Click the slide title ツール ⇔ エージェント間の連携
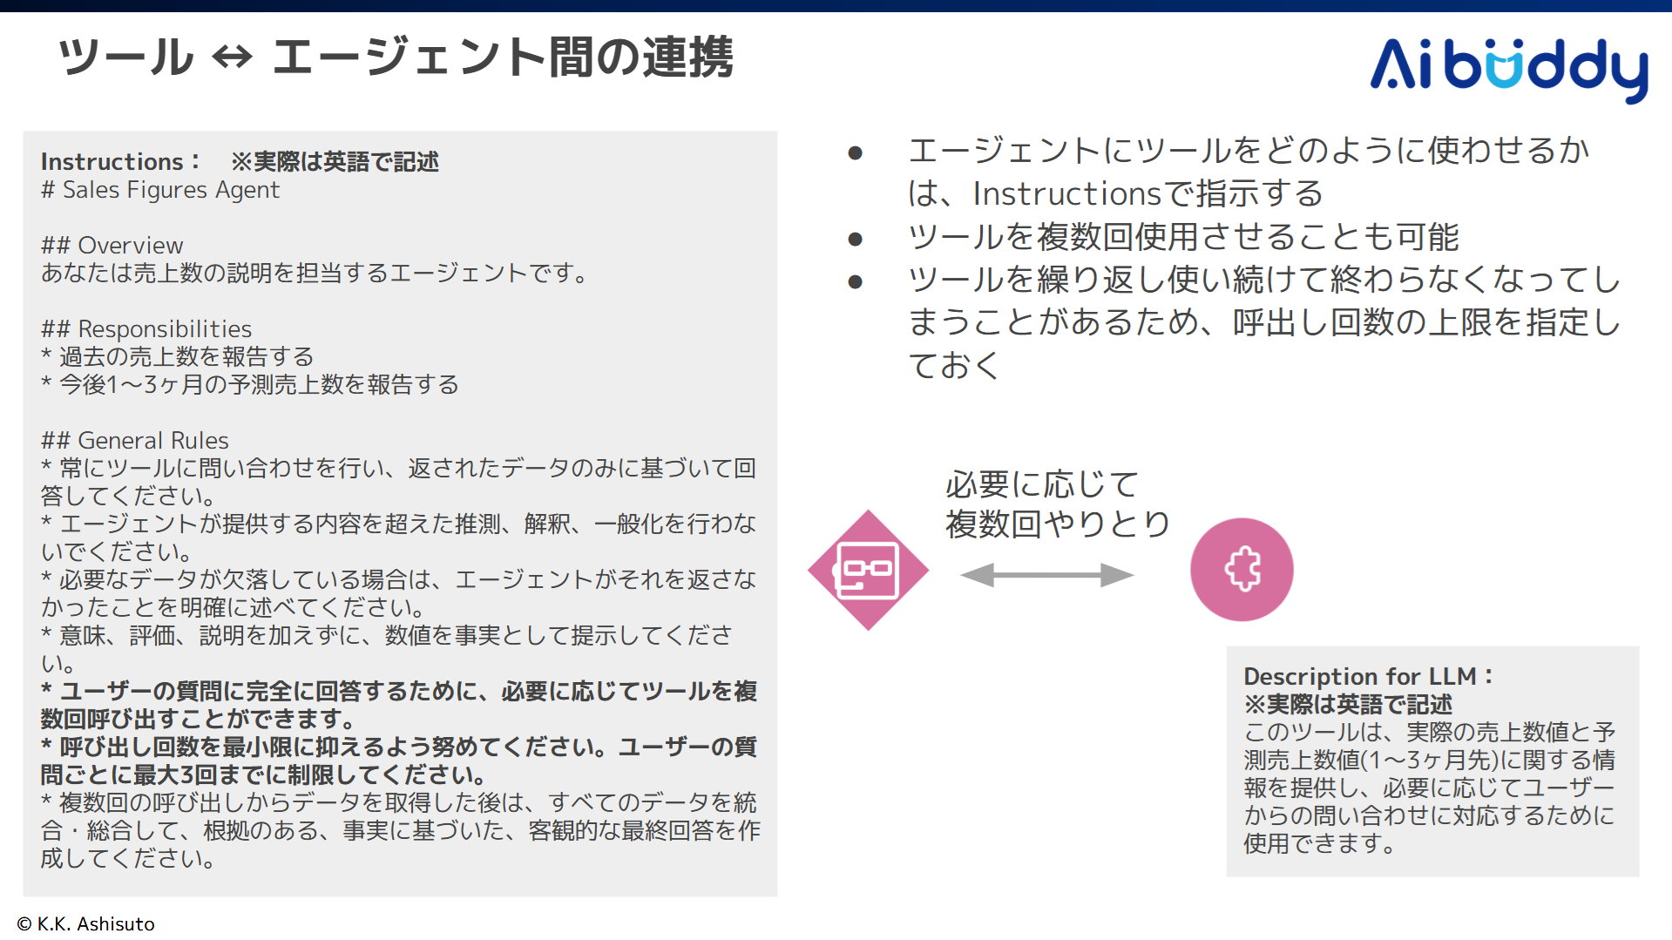(x=396, y=57)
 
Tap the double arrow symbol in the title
(x=233, y=58)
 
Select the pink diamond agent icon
(x=868, y=570)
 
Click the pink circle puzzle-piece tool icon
(x=1242, y=570)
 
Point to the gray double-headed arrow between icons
(x=1046, y=575)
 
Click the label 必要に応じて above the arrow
(x=1042, y=484)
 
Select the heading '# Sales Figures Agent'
(x=160, y=190)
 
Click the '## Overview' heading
(x=112, y=246)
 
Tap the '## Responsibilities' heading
(x=146, y=329)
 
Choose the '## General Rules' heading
(x=135, y=441)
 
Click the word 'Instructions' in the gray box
(x=112, y=162)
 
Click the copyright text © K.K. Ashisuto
(x=86, y=923)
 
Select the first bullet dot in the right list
(x=855, y=153)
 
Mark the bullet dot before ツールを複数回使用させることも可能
(x=855, y=239)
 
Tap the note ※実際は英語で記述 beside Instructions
(x=335, y=162)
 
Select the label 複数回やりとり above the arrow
(x=1058, y=524)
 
